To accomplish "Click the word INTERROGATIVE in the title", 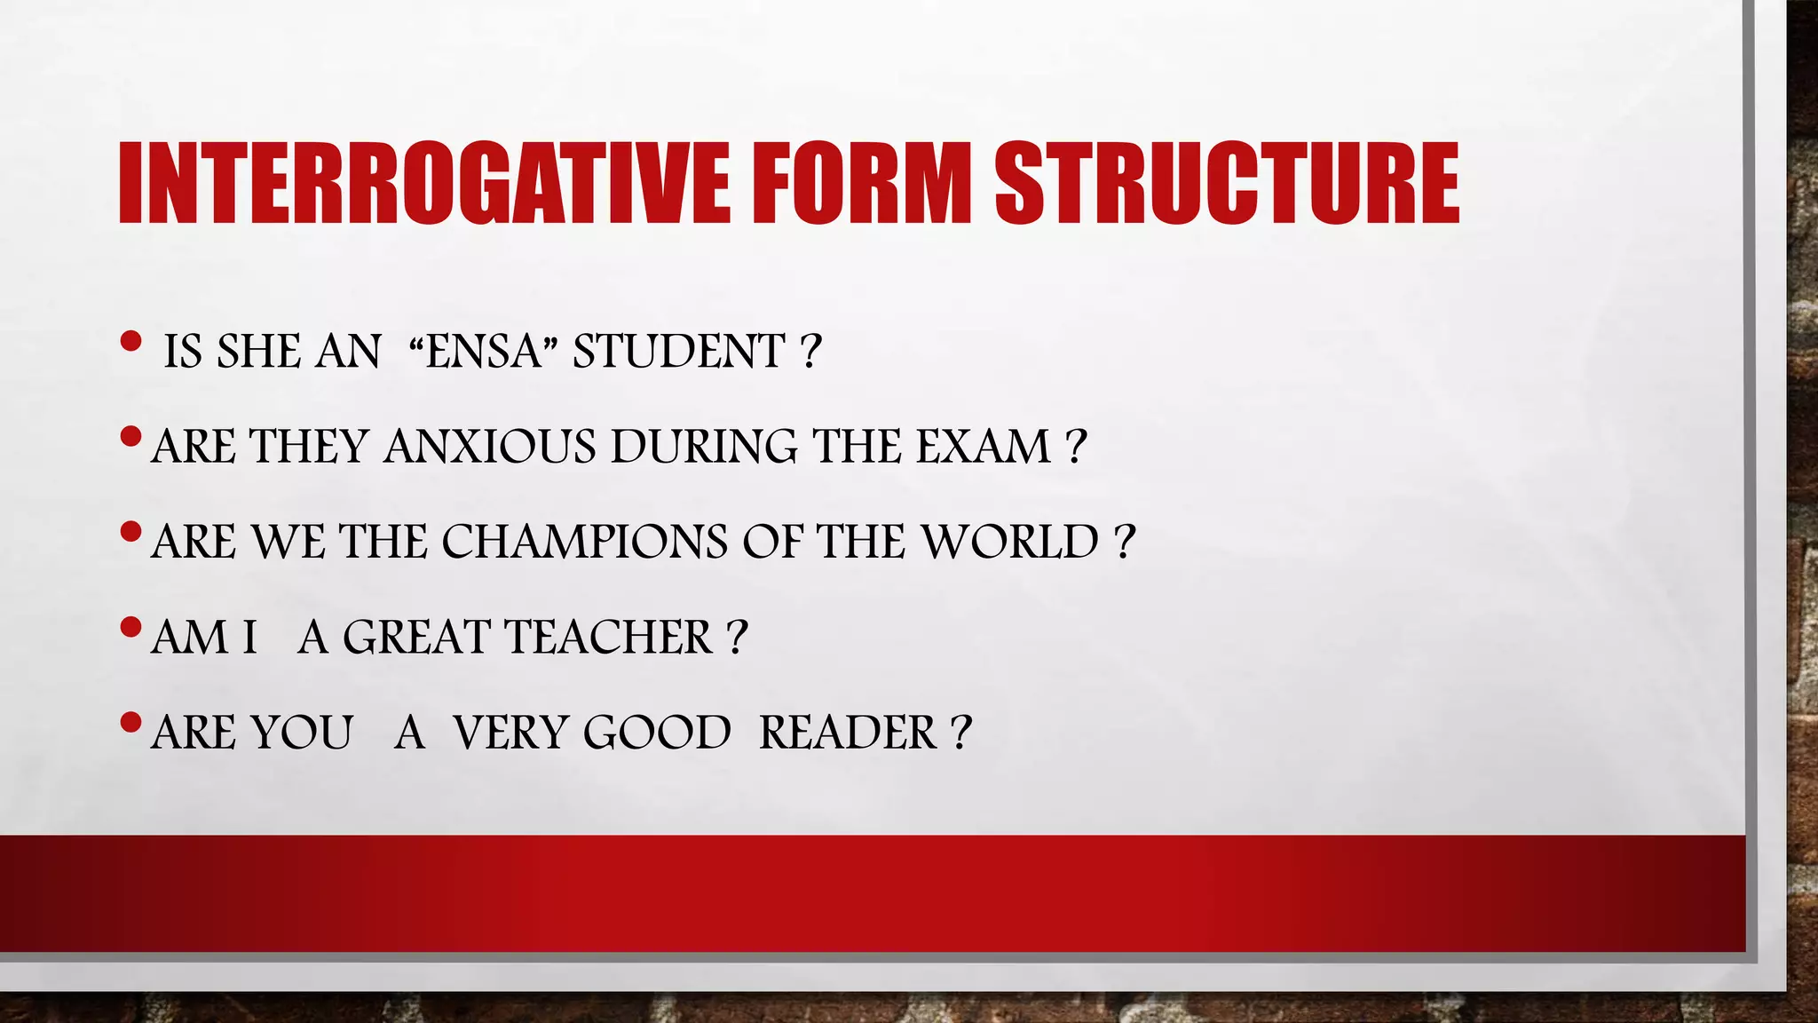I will click(x=423, y=185).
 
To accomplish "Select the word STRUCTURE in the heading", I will click(x=1227, y=185).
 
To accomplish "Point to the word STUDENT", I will click(x=679, y=351).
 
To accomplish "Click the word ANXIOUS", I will click(x=490, y=447).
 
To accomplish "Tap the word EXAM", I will click(x=984, y=447).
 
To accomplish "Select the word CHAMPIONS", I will click(x=584, y=542).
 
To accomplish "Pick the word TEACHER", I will click(x=608, y=638).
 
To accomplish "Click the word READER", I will click(x=848, y=734).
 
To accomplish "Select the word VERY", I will click(x=510, y=734).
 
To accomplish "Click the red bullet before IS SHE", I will click(x=130, y=341).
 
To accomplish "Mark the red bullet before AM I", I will click(x=130, y=628).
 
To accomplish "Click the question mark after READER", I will click(x=960, y=734).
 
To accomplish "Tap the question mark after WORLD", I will click(x=1124, y=542).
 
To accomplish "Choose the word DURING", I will click(x=704, y=447).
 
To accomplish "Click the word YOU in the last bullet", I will click(x=302, y=734).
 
